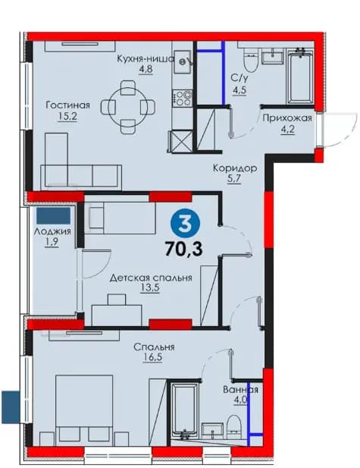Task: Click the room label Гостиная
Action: coord(67,105)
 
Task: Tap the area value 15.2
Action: coord(67,116)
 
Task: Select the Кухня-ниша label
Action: coord(146,58)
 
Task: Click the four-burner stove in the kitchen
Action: coord(183,98)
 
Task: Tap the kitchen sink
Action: coord(182,61)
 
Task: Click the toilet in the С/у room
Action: coord(250,61)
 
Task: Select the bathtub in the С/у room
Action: coord(300,77)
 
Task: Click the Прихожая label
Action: coord(287,118)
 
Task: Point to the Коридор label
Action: coord(235,168)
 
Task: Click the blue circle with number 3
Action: coord(185,224)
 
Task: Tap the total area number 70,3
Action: coord(183,249)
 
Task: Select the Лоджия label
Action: coord(52,231)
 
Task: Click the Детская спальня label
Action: coord(151,278)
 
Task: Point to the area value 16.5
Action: coord(152,357)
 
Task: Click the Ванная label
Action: coord(241,390)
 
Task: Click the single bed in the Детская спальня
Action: coord(121,218)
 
